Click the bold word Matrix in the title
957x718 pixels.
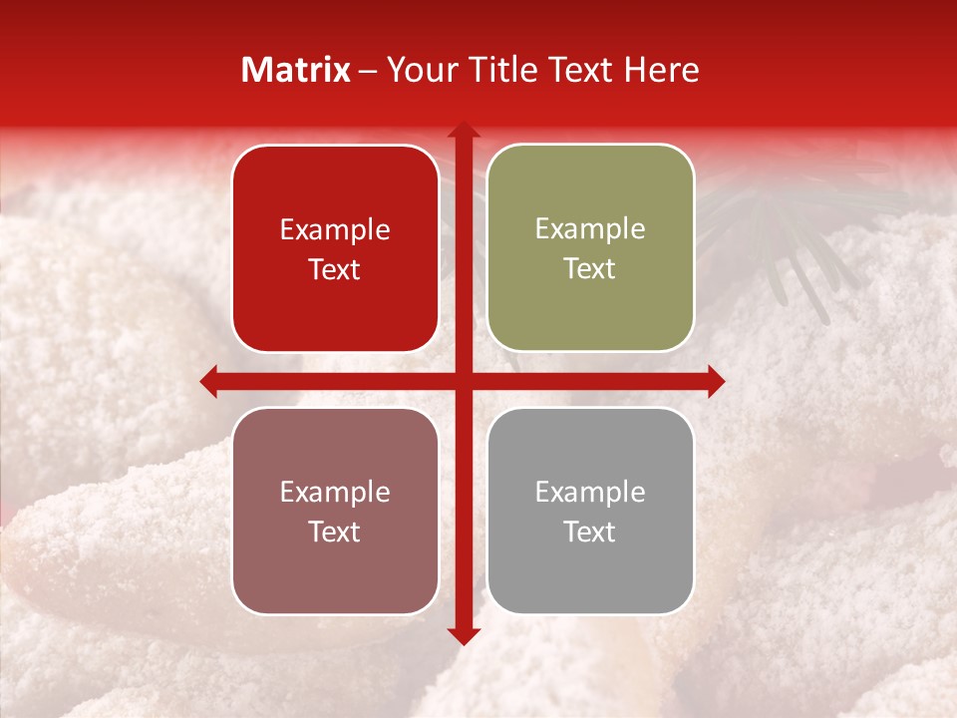[296, 70]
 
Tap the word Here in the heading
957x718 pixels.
[661, 70]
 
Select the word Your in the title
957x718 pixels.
[419, 70]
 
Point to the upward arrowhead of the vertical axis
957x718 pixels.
[463, 131]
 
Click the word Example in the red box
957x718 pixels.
[335, 230]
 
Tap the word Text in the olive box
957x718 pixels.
[590, 269]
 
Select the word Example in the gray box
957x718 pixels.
[590, 493]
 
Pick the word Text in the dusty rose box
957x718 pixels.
[335, 532]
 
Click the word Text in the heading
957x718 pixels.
[579, 70]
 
